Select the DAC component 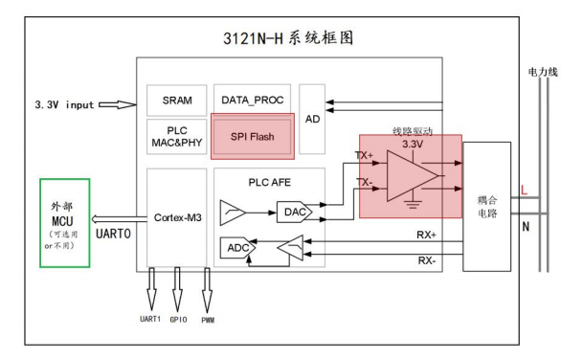point(291,212)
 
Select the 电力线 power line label point(541,72)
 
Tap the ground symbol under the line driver point(413,203)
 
